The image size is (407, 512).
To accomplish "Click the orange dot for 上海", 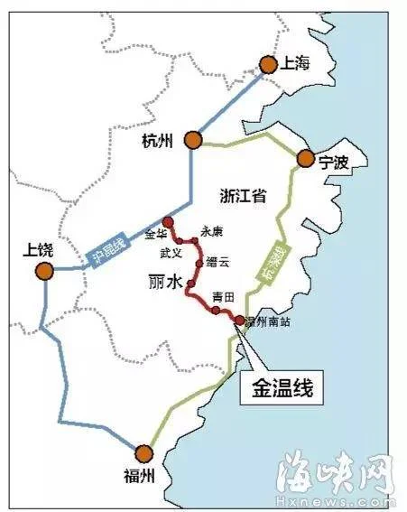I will (267, 64).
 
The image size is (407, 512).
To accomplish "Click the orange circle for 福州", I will (142, 454).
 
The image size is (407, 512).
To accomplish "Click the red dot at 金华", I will (167, 221).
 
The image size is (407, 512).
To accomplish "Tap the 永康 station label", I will (210, 231).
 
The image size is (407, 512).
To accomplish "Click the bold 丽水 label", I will (164, 284).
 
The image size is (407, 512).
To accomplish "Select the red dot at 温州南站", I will (239, 321).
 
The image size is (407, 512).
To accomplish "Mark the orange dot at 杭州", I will (192, 139).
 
